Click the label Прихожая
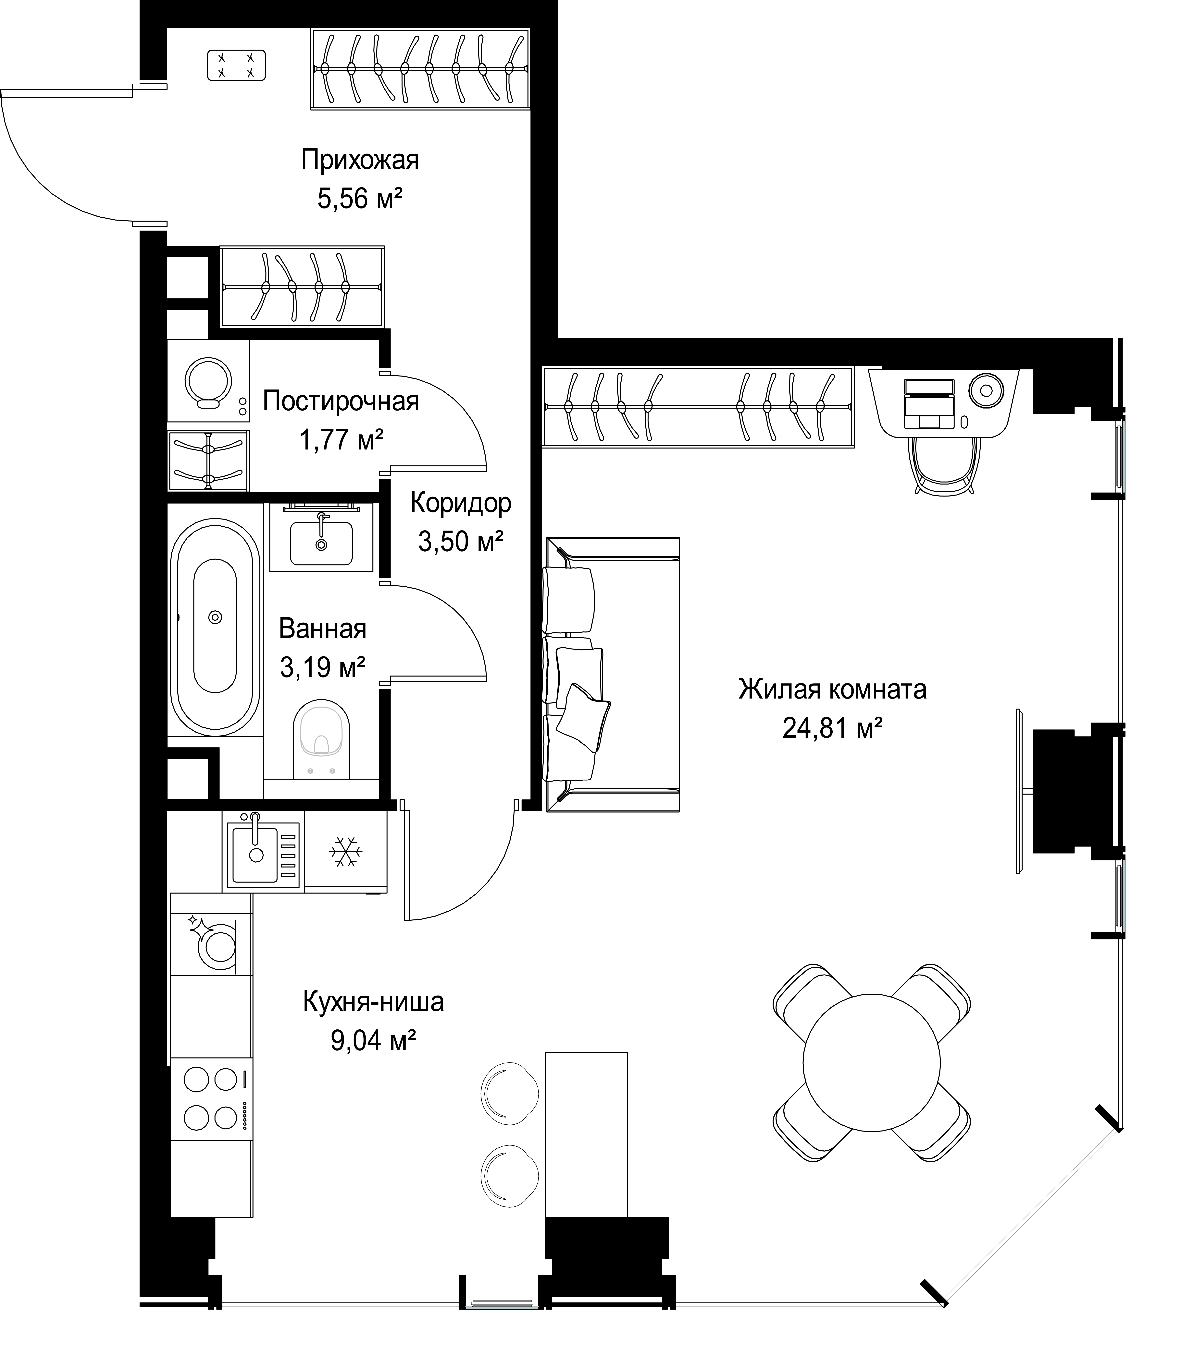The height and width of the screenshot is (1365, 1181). pyautogui.click(x=360, y=160)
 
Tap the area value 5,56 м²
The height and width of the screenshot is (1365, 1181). pyautogui.click(x=360, y=198)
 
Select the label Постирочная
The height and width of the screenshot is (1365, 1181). pyautogui.click(x=341, y=401)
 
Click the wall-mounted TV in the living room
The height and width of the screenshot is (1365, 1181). pyautogui.click(x=1020, y=791)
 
